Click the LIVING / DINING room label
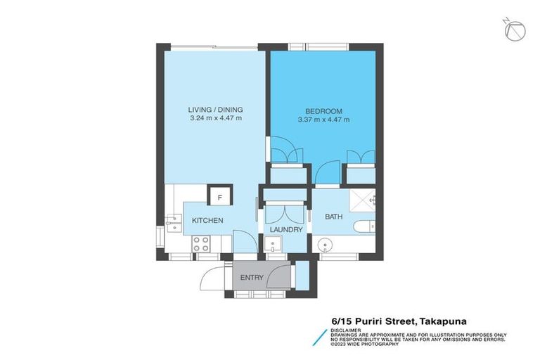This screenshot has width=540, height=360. (215, 110)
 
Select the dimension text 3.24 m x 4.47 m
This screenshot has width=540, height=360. (215, 119)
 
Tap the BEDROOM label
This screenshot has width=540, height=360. (323, 111)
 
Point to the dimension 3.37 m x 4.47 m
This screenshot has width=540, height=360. (323, 120)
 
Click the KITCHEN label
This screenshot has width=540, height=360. (207, 221)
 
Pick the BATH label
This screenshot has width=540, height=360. (333, 217)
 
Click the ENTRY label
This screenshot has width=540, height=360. (252, 278)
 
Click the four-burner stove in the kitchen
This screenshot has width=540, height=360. (200, 243)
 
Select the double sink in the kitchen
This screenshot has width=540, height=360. (172, 224)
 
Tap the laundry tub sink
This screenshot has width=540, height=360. (272, 245)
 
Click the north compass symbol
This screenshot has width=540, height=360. (517, 30)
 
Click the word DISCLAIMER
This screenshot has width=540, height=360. (346, 329)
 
